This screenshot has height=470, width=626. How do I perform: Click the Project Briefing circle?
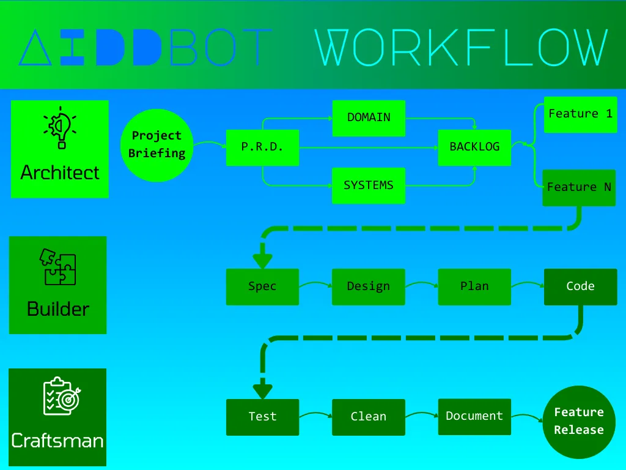pyautogui.click(x=157, y=145)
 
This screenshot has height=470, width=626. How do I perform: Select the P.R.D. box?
pyautogui.click(x=262, y=147)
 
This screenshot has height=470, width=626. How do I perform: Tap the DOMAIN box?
pyautogui.click(x=369, y=118)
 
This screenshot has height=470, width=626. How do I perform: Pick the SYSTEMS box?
pyautogui.click(x=369, y=185)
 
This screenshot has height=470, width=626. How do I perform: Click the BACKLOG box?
pyautogui.click(x=474, y=147)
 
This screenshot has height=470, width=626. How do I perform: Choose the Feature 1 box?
pyautogui.click(x=580, y=114)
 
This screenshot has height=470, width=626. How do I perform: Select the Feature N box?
pyautogui.click(x=579, y=187)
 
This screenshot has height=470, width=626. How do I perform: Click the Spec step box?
pyautogui.click(x=262, y=286)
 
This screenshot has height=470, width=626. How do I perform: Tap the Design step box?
pyautogui.click(x=369, y=286)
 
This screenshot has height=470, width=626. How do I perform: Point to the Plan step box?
pyautogui.click(x=474, y=286)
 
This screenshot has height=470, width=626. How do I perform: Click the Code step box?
pyautogui.click(x=580, y=286)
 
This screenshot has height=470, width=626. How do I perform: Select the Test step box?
pyautogui.click(x=262, y=417)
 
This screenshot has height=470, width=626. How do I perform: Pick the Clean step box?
pyautogui.click(x=369, y=417)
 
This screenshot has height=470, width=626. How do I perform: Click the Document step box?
pyautogui.click(x=474, y=416)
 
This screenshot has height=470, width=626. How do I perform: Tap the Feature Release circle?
pyautogui.click(x=579, y=422)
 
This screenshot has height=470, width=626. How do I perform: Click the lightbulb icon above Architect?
pyautogui.click(x=60, y=128)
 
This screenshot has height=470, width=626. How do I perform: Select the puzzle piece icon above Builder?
pyautogui.click(x=59, y=266)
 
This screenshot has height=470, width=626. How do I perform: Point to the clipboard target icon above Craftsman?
pyautogui.click(x=61, y=396)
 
